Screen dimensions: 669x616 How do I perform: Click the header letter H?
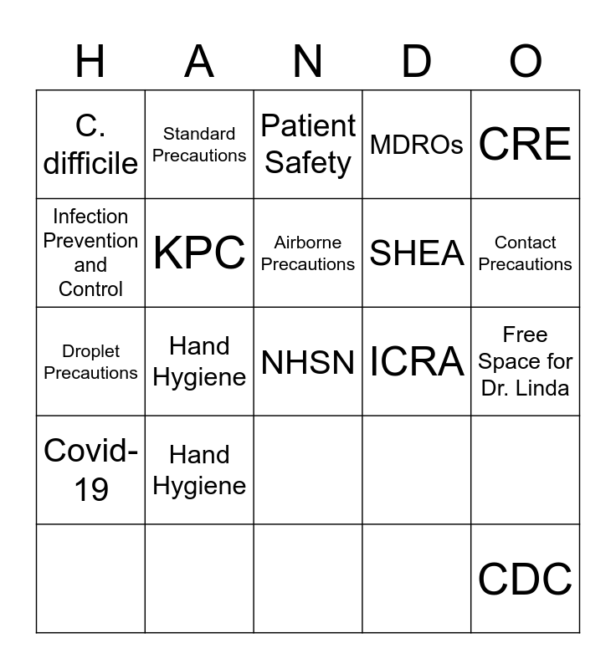click(90, 61)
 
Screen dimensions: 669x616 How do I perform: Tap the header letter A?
click(199, 61)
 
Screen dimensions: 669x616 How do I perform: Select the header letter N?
click(308, 61)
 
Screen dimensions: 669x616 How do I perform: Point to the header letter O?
click(526, 61)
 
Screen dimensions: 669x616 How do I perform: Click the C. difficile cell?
click(90, 145)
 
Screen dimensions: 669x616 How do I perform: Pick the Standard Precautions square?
click(199, 145)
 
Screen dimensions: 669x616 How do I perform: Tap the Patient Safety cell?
click(308, 145)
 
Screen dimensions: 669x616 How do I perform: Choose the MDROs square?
click(417, 145)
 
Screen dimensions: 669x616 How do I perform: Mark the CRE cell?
click(526, 145)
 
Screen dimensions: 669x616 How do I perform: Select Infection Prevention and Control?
click(90, 253)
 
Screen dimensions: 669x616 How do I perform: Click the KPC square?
click(199, 253)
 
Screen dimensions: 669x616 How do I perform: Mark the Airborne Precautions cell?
click(308, 253)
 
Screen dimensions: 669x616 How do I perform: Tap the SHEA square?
click(417, 253)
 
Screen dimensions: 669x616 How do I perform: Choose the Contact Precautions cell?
click(526, 253)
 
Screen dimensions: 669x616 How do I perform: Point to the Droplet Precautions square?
click(90, 361)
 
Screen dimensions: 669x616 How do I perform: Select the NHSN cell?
click(308, 361)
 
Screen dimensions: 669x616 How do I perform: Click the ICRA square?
click(417, 361)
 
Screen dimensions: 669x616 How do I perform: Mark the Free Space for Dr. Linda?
click(526, 361)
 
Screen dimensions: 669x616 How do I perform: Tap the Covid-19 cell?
click(90, 470)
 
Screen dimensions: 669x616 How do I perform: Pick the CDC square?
click(526, 579)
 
